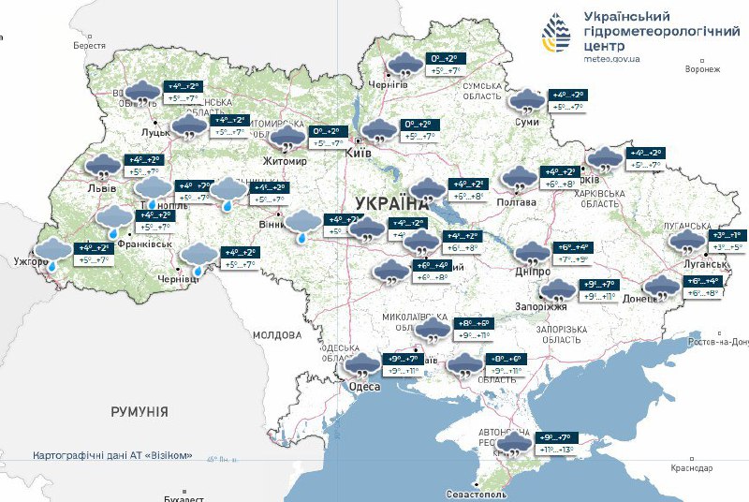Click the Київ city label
359,153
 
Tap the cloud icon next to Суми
527,100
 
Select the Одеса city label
364,387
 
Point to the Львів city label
101,188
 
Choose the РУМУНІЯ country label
139,411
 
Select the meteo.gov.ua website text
611,58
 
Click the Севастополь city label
477,493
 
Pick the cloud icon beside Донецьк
662,288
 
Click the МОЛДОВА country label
275,334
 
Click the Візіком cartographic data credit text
112,455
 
